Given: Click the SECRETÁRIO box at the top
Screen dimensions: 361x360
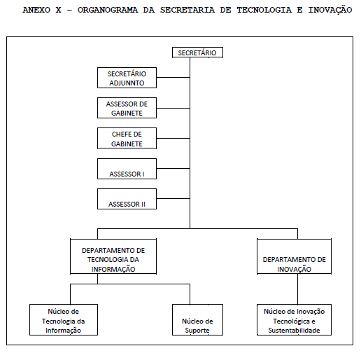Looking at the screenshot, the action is [197, 53].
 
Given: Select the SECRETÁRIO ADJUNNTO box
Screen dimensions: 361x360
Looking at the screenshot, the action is [127, 78].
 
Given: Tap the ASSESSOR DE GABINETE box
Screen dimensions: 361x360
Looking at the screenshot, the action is [127, 108].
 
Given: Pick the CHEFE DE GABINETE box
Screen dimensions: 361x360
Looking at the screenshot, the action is [127, 138].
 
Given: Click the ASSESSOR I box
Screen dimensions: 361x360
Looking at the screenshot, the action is [127, 169].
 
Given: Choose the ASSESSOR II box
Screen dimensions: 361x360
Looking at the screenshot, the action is [127, 199].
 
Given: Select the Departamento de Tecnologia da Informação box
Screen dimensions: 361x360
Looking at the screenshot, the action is [113, 256].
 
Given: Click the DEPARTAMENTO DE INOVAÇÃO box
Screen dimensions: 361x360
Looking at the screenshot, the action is [294, 256].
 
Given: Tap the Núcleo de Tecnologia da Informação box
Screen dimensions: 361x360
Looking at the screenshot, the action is [64, 319].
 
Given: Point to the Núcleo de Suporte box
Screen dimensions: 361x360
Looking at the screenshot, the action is [197, 319].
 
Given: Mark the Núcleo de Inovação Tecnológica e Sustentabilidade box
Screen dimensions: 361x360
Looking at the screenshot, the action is [294, 319].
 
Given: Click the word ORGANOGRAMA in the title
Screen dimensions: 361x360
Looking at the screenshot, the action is [108, 10].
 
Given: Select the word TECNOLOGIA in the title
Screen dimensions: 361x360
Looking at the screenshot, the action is [264, 10].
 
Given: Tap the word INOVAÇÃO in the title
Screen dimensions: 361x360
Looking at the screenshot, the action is [330, 10].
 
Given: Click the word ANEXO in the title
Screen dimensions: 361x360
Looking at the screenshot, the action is [36, 10].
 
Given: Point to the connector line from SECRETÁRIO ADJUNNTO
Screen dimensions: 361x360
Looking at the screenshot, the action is [173, 77].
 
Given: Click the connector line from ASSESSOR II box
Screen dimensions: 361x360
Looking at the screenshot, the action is [173, 198].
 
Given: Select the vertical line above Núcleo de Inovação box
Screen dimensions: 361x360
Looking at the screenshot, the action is [297, 289].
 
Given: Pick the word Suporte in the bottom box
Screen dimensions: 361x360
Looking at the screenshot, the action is [197, 331].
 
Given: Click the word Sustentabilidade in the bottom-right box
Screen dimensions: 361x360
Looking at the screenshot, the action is [294, 331].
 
